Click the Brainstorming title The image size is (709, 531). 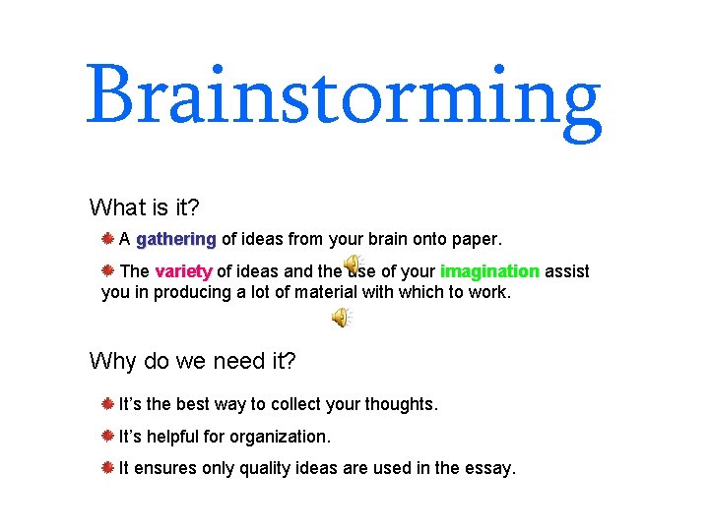(344, 98)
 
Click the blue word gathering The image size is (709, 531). (176, 239)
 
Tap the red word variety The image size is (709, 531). (183, 271)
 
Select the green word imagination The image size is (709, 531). (489, 271)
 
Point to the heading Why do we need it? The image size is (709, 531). (192, 361)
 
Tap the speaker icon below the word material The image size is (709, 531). (340, 317)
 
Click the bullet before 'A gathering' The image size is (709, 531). (108, 238)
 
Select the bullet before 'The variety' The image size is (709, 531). (108, 270)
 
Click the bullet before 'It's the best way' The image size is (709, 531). (108, 403)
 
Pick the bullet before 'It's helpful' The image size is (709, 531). (108, 436)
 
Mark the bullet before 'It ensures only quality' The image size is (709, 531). (108, 468)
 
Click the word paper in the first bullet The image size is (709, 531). (477, 239)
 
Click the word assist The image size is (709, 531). (567, 271)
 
